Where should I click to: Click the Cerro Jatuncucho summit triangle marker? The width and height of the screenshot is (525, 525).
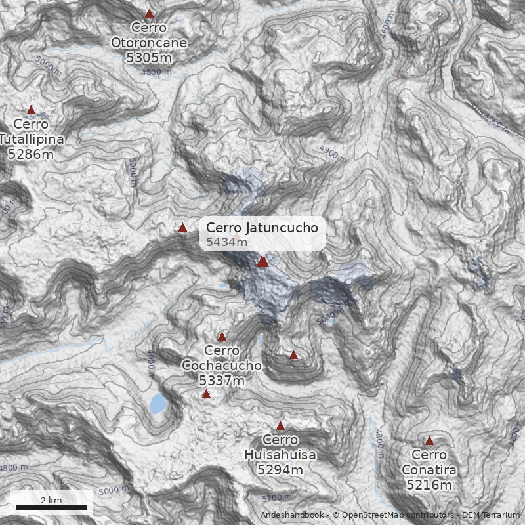pyautogui.click(x=263, y=262)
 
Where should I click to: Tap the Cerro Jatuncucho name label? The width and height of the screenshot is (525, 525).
pyautogui.click(x=262, y=228)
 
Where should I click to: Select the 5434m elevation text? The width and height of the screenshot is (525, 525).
pyautogui.click(x=227, y=242)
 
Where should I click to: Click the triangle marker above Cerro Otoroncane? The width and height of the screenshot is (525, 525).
pyautogui.click(x=149, y=13)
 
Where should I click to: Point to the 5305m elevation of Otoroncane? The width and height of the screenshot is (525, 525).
pyautogui.click(x=149, y=57)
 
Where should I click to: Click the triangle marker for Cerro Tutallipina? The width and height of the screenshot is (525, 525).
pyautogui.click(x=31, y=110)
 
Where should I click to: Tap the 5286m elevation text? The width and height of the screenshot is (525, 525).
pyautogui.click(x=31, y=154)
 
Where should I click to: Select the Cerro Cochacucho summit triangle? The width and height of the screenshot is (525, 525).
pyautogui.click(x=222, y=336)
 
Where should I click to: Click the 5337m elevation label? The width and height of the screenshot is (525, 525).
pyautogui.click(x=222, y=380)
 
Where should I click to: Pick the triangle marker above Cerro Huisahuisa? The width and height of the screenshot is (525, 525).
pyautogui.click(x=280, y=425)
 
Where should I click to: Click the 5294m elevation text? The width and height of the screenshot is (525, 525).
pyautogui.click(x=280, y=470)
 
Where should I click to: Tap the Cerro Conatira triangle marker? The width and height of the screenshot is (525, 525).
pyautogui.click(x=429, y=440)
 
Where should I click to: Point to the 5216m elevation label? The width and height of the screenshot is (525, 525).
pyautogui.click(x=429, y=485)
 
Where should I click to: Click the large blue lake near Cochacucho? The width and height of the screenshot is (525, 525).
pyautogui.click(x=157, y=404)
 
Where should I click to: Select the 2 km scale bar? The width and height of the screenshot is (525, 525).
pyautogui.click(x=51, y=507)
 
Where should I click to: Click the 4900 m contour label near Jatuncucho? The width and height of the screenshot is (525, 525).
pyautogui.click(x=333, y=154)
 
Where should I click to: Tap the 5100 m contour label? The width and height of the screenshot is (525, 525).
pyautogui.click(x=276, y=497)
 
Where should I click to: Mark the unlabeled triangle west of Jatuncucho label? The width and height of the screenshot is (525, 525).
pyautogui.click(x=182, y=227)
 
